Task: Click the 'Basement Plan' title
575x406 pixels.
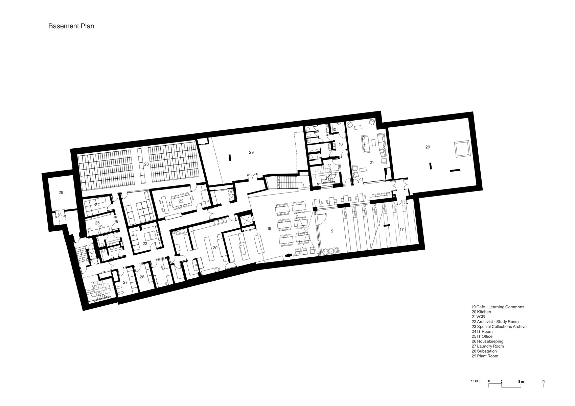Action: pyautogui.click(x=71, y=26)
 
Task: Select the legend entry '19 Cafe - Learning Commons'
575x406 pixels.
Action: pyautogui.click(x=498, y=307)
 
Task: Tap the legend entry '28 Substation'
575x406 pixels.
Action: pyautogui.click(x=485, y=351)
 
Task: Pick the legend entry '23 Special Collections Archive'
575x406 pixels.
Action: pyautogui.click(x=499, y=327)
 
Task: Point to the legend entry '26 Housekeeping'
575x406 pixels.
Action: pyautogui.click(x=487, y=341)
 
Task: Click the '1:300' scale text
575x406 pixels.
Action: pyautogui.click(x=475, y=381)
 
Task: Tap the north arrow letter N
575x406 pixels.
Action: pyautogui.click(x=544, y=381)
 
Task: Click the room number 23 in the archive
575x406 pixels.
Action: pyautogui.click(x=146, y=164)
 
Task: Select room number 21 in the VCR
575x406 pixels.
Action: pyautogui.click(x=371, y=162)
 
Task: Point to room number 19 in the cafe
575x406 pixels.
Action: pyautogui.click(x=269, y=229)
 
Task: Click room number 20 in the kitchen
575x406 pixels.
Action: pyautogui.click(x=215, y=248)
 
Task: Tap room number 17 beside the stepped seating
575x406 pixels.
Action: pyautogui.click(x=401, y=230)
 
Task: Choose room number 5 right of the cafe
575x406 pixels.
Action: pyautogui.click(x=332, y=231)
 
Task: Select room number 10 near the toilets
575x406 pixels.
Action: pyautogui.click(x=341, y=144)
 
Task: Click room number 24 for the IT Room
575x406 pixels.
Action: pyautogui.click(x=97, y=205)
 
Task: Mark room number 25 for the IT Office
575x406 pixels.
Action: pyautogui.click(x=97, y=223)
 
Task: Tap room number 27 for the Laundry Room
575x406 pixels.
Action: pyautogui.click(x=125, y=282)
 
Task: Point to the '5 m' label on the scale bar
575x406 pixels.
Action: pyautogui.click(x=521, y=381)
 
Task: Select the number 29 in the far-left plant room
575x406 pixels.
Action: pyautogui.click(x=61, y=193)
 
